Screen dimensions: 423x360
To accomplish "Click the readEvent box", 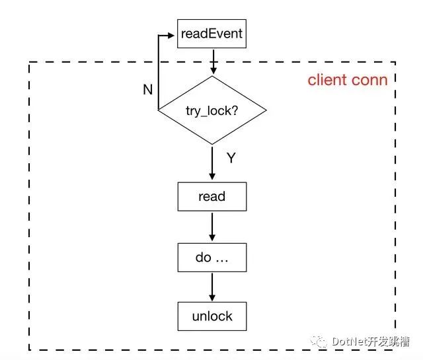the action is (x=211, y=34).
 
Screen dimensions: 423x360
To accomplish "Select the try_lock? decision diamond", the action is (x=212, y=110).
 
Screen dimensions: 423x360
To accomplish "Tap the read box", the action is (x=212, y=197).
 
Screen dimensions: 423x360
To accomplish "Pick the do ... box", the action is (x=212, y=258).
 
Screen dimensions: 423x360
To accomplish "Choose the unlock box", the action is (x=212, y=316).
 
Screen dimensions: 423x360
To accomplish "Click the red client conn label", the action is (x=348, y=80).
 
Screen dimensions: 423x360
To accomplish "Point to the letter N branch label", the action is (x=148, y=90).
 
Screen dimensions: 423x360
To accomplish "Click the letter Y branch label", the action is (x=231, y=158).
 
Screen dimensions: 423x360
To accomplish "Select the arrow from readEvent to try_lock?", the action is (x=213, y=61).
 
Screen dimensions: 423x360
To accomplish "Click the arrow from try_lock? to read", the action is (x=212, y=162).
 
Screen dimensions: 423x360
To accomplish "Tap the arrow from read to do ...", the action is (x=212, y=227).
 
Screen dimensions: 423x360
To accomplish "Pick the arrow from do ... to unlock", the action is (x=212, y=287).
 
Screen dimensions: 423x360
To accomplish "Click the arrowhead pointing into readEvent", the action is (x=171, y=35).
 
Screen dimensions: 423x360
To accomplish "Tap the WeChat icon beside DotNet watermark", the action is (x=319, y=342).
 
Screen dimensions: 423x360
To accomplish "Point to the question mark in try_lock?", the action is (x=235, y=110).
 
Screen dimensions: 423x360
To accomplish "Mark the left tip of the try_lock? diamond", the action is (x=158, y=110).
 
